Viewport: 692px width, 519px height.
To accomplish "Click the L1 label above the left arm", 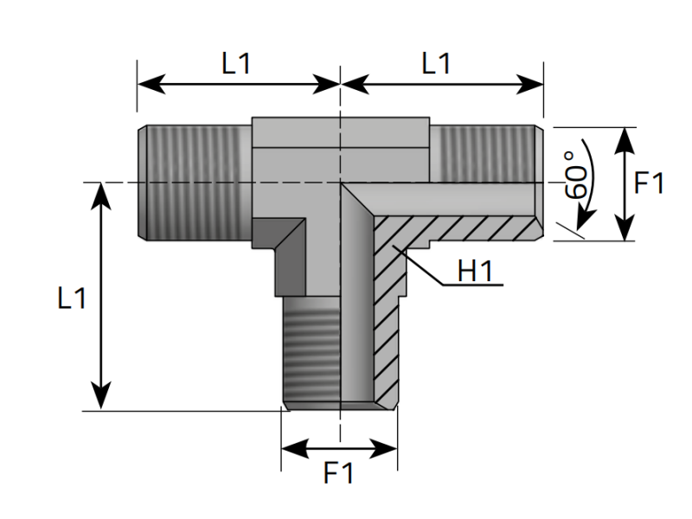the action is (236, 63).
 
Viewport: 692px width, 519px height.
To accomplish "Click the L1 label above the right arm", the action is (436, 63).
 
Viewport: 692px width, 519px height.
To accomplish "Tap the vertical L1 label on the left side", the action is (72, 298).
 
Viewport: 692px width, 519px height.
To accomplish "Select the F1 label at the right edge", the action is (649, 183).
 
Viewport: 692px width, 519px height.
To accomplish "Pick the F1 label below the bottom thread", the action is (338, 472).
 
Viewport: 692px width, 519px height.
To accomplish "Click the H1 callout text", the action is (475, 271).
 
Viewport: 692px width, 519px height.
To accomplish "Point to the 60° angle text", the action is (575, 175).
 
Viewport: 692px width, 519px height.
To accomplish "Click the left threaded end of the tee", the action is (194, 183).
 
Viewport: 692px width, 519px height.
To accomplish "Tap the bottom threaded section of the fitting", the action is (311, 352).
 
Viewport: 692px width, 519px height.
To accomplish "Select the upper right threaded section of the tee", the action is (484, 154).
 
